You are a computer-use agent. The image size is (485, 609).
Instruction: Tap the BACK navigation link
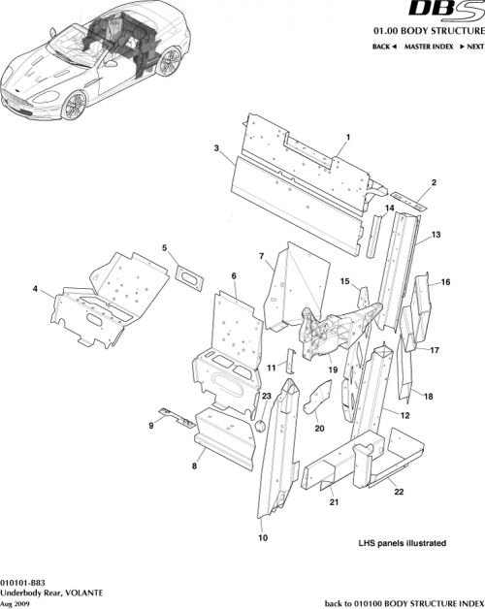tap(385, 47)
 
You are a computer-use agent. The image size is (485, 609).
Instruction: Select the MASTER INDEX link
tap(431, 47)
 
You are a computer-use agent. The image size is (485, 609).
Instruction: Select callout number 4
tap(35, 289)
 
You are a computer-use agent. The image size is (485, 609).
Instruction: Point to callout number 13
tap(436, 235)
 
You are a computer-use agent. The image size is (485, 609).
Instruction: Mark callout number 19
tap(332, 369)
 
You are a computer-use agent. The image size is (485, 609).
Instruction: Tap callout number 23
tap(266, 397)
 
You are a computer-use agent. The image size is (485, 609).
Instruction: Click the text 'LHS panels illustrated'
tap(402, 543)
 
